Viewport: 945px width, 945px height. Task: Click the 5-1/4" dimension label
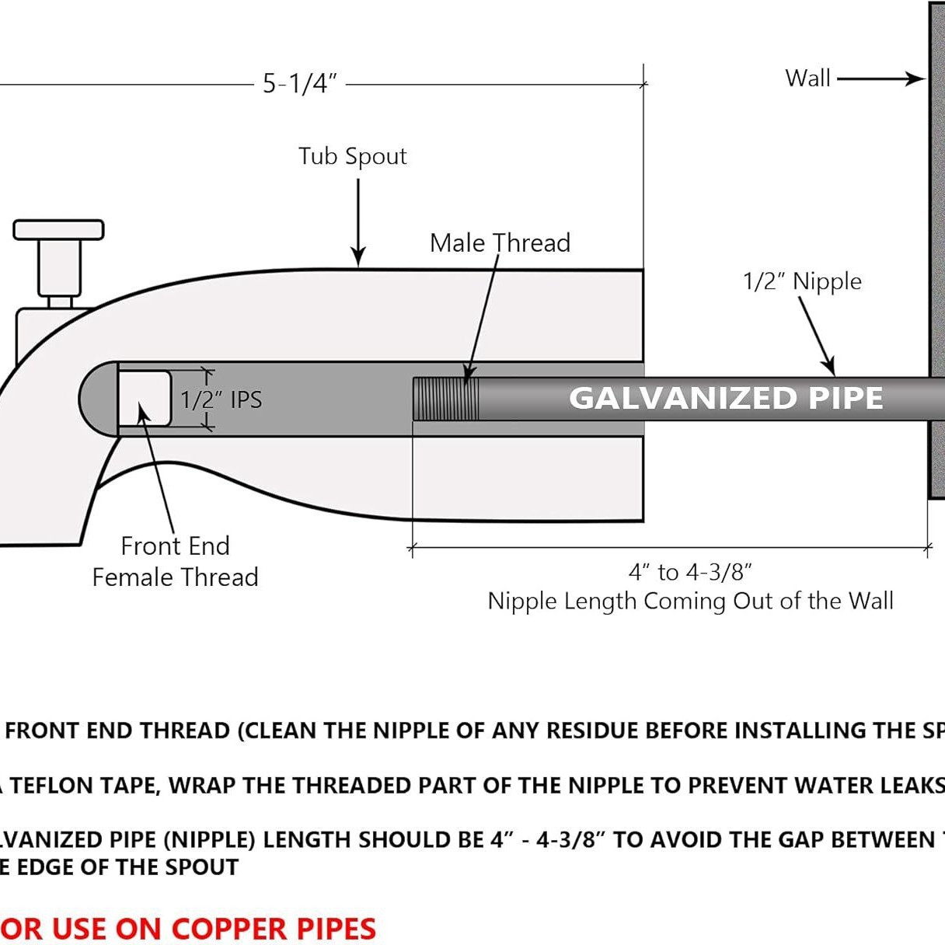[300, 83]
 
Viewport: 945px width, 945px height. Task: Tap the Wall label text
[807, 78]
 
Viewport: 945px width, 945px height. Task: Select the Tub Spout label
[352, 156]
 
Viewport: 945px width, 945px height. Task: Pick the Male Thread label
[500, 243]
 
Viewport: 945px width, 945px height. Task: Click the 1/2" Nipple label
[802, 281]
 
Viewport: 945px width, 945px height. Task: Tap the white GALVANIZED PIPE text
[726, 398]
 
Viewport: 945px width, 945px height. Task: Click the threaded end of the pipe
[445, 399]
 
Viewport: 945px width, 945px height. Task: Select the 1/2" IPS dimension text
[221, 399]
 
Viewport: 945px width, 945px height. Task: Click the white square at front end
[145, 398]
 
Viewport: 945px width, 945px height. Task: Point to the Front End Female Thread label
[175, 562]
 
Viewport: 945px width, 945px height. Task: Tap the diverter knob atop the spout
[58, 230]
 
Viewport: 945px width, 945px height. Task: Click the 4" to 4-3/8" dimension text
[690, 573]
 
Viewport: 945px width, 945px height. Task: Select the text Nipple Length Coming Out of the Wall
[690, 602]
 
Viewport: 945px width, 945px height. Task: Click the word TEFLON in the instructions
[59, 786]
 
